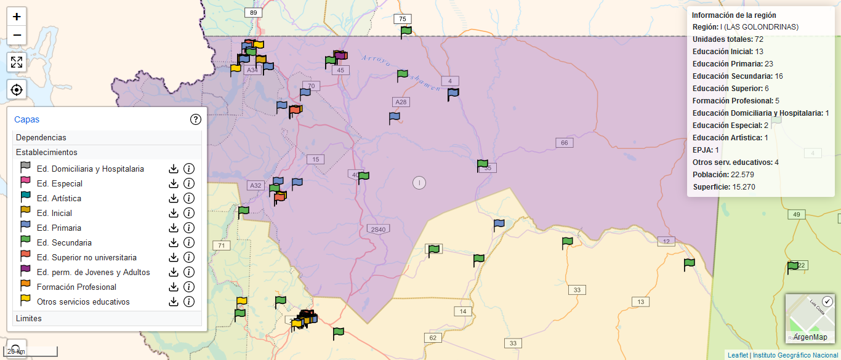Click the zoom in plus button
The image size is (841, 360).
pyautogui.click(x=17, y=17)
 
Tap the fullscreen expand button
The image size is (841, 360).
pyautogui.click(x=17, y=62)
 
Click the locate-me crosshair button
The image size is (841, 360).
pyautogui.click(x=17, y=90)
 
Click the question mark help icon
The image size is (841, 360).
pyautogui.click(x=196, y=119)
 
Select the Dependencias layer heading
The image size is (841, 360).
pyautogui.click(x=41, y=137)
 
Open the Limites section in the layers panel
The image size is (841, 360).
pyautogui.click(x=29, y=318)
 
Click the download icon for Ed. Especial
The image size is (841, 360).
pyautogui.click(x=174, y=183)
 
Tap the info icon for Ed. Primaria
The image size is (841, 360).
pyautogui.click(x=189, y=228)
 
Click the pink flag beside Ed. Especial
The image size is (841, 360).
pyautogui.click(x=25, y=182)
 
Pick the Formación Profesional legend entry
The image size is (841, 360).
pyautogui.click(x=76, y=287)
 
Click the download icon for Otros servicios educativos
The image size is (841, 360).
pyautogui.click(x=174, y=302)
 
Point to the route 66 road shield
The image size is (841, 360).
pyautogui.click(x=564, y=143)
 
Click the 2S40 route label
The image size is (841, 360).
pyautogui.click(x=378, y=230)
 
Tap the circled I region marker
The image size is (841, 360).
pyautogui.click(x=419, y=182)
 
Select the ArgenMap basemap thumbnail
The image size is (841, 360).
pyautogui.click(x=810, y=318)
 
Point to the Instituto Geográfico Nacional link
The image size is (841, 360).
pyautogui.click(x=795, y=355)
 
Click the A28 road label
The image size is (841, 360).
pyautogui.click(x=401, y=102)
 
